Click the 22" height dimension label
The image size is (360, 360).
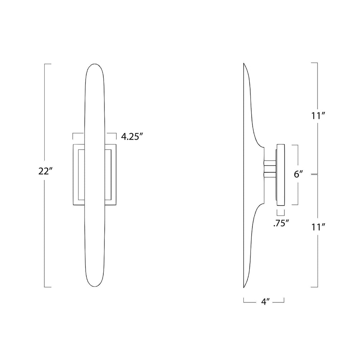click(x=44, y=171)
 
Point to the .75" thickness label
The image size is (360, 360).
click(x=281, y=223)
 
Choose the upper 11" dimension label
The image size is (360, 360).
click(x=317, y=116)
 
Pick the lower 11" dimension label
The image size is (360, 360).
click(x=317, y=227)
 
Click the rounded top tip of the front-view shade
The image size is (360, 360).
click(x=95, y=64)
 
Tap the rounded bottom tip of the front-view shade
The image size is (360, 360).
click(x=95, y=287)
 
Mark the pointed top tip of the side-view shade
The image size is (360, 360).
click(x=244, y=63)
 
